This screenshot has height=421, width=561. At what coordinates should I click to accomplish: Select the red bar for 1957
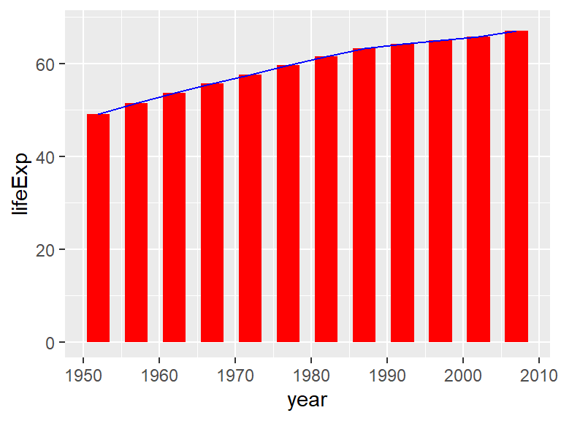[136, 223]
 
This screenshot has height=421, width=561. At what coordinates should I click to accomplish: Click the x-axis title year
[307, 401]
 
